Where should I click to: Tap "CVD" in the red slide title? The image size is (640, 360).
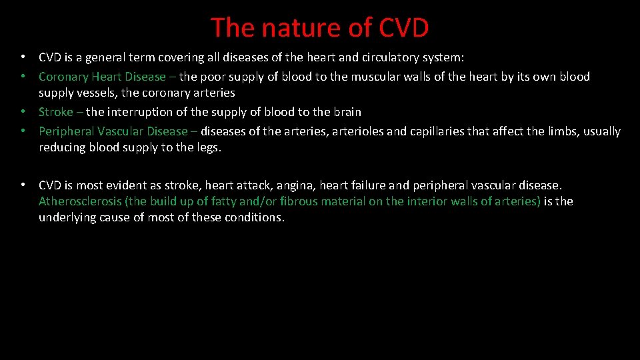pyautogui.click(x=403, y=28)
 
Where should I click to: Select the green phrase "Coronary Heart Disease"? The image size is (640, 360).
pyautogui.click(x=101, y=77)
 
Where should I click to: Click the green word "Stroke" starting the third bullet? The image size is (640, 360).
pyautogui.click(x=56, y=112)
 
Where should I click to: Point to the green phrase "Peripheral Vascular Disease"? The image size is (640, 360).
pyautogui.click(x=113, y=131)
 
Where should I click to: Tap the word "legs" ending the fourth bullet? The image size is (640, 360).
pyautogui.click(x=207, y=147)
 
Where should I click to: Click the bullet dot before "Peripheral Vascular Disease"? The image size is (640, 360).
pyautogui.click(x=23, y=131)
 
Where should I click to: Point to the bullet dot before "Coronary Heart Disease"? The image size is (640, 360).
pyautogui.click(x=23, y=77)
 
